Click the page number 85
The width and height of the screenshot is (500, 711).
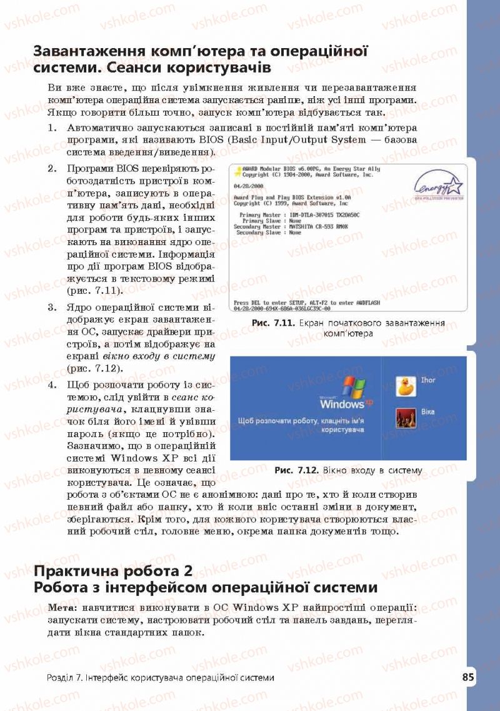pos(468,678)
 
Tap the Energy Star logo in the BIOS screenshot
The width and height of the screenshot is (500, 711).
pos(439,186)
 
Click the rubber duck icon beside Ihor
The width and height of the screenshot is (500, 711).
pos(406,386)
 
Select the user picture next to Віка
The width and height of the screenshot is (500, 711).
pos(406,417)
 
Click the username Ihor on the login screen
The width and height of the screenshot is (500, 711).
pos(428,380)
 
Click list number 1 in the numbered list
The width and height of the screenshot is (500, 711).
pos(52,127)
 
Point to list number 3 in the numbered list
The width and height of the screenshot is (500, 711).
pos(52,308)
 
